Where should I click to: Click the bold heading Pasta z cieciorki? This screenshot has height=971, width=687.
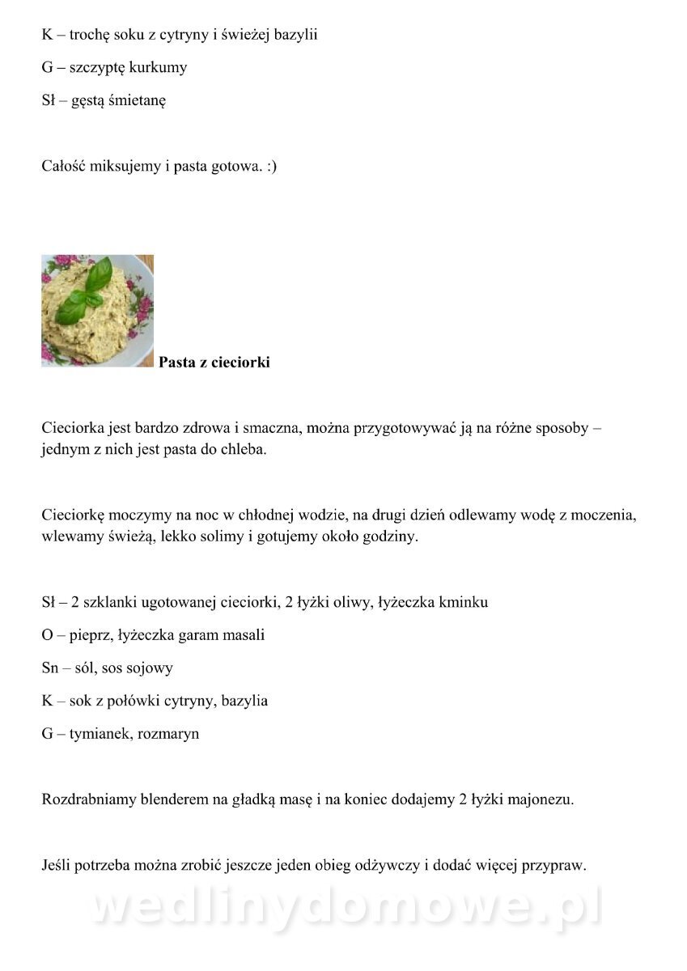pos(214,363)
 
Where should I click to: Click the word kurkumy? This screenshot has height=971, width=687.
pos(158,68)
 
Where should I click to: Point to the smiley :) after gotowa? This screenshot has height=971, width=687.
pos(271,167)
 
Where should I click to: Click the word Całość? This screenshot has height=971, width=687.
pos(65,167)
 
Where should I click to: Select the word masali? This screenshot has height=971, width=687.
pos(243,635)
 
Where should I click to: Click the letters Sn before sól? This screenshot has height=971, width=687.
pos(50,668)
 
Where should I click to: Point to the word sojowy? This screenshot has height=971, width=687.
pos(151,668)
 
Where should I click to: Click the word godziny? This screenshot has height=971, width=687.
pos(390,536)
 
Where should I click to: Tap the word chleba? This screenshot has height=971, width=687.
pos(240,450)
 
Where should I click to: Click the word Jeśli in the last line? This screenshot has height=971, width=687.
pos(57,866)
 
